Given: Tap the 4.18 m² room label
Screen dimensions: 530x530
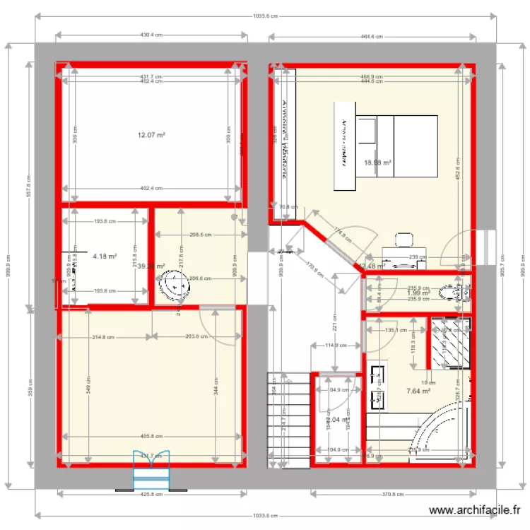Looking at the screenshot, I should coord(105,257).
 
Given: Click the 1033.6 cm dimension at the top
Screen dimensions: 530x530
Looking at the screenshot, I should coord(264,16).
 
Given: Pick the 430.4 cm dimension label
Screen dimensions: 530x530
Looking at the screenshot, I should coord(151,34).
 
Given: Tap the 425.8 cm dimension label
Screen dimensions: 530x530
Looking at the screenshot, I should coord(151,494).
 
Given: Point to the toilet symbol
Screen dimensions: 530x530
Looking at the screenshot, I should coord(451,291).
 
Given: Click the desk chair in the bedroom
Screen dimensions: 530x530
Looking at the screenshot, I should coord(404,241).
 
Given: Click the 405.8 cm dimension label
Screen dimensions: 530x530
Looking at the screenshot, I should coord(151,436).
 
